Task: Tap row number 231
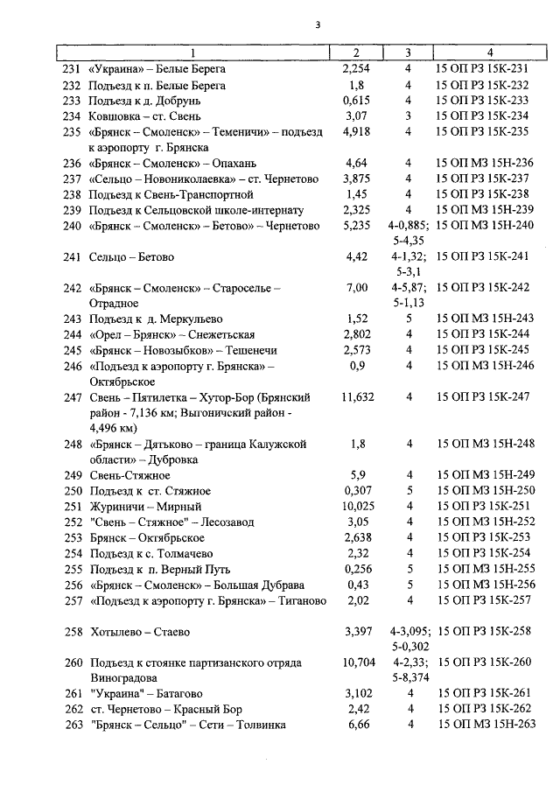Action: (x=72, y=69)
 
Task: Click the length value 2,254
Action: (x=356, y=69)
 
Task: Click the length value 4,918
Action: (x=357, y=132)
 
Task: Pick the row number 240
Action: (x=72, y=226)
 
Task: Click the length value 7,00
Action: (x=357, y=288)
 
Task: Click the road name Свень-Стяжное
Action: (x=129, y=475)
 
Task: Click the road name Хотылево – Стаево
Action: (x=139, y=631)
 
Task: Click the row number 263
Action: (x=72, y=725)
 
